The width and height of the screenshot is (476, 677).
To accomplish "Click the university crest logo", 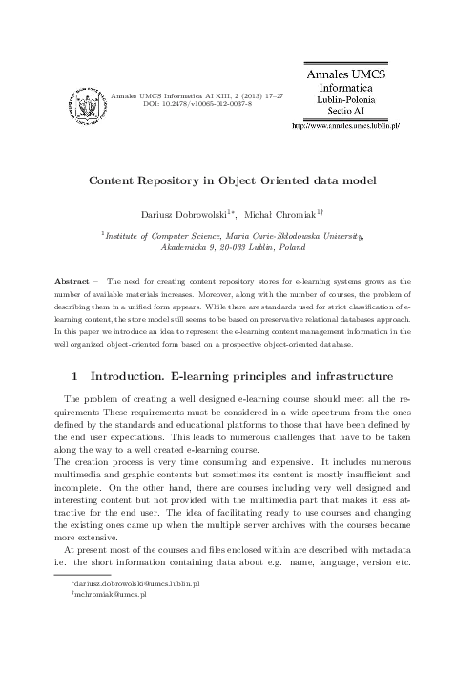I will pos(85,99).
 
